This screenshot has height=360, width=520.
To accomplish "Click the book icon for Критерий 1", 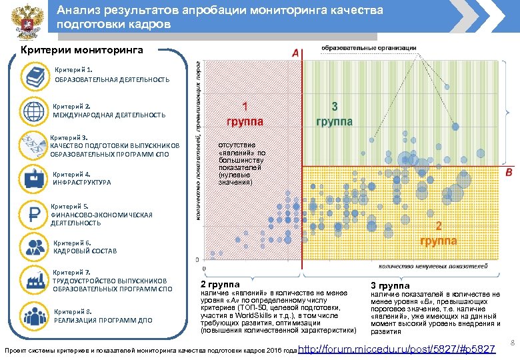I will coord(33,75).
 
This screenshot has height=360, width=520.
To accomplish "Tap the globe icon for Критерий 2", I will coord(33,110).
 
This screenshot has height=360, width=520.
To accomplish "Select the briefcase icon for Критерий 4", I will coord(33,179).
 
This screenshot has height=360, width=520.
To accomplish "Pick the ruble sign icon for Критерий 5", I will coord(33,215).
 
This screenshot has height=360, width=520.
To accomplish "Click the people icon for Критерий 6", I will coord(33,247).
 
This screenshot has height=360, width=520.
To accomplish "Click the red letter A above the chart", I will coord(294,53).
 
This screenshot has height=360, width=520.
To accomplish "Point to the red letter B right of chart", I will coord(509,173).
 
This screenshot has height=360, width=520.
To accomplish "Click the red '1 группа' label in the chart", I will coord(245,114).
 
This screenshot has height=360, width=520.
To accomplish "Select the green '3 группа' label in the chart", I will coord(334,114).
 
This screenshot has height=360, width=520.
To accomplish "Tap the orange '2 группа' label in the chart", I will coord(438,233).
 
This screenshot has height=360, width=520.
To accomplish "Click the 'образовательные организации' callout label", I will coord(369,48).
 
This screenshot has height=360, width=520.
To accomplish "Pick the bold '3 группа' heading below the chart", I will coord(386,286).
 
